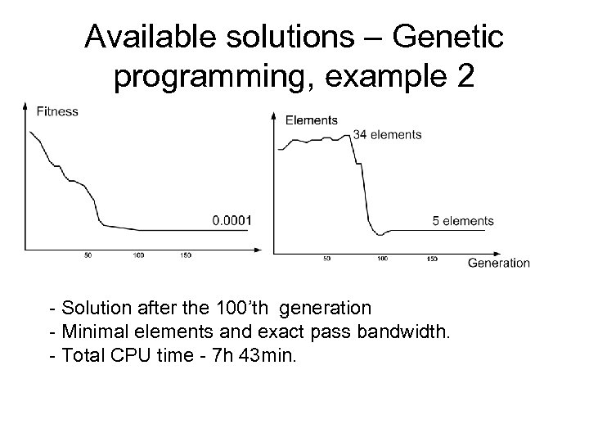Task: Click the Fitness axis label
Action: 57,112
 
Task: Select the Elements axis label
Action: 311,120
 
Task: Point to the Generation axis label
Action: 498,263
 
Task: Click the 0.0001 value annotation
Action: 232,220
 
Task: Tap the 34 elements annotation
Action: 387,134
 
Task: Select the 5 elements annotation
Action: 462,220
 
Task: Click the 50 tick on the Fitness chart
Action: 88,255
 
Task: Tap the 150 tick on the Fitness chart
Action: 186,255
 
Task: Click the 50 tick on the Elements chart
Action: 326,259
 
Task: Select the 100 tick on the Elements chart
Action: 381,259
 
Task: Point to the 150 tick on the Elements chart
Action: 432,259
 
